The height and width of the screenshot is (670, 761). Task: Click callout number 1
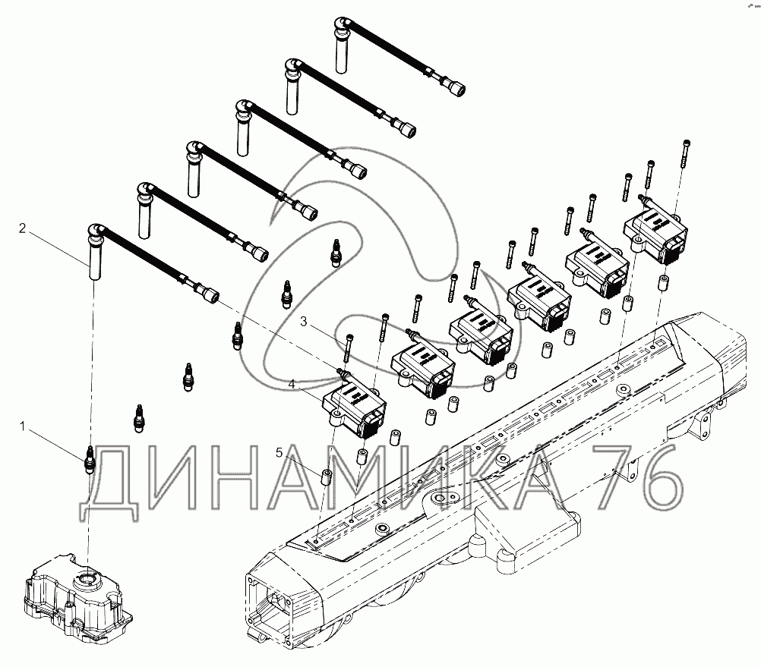pyautogui.click(x=22, y=426)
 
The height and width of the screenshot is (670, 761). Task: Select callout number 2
pyautogui.click(x=22, y=228)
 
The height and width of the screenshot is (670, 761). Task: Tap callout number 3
pyautogui.click(x=303, y=322)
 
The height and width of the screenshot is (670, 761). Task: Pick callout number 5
pyautogui.click(x=279, y=453)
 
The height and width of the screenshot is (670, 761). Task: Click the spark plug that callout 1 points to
pyautogui.click(x=90, y=458)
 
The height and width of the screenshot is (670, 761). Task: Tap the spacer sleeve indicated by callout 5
pyautogui.click(x=327, y=476)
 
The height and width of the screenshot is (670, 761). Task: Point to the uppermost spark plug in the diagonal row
pyautogui.click(x=334, y=252)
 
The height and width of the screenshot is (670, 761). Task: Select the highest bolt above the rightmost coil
pyautogui.click(x=685, y=153)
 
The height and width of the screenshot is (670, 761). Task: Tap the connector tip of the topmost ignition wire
pyautogui.click(x=456, y=88)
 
